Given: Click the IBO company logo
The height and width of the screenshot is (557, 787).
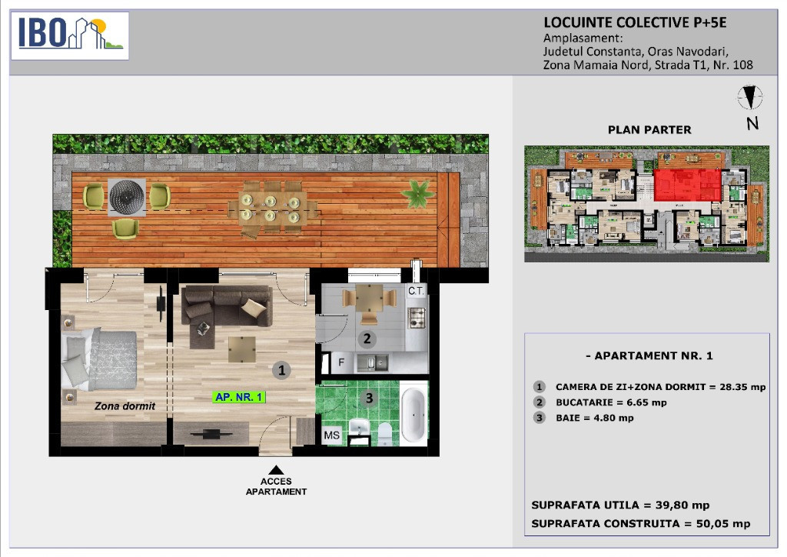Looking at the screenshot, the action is pyautogui.click(x=70, y=35).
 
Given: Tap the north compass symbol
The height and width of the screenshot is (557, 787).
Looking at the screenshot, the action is pyautogui.click(x=750, y=98).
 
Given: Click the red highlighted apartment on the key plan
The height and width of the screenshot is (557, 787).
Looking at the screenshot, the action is pyautogui.click(x=687, y=185).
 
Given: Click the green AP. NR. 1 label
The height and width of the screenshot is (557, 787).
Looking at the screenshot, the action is pyautogui.click(x=239, y=397).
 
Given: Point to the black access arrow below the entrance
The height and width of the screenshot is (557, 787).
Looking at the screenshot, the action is pyautogui.click(x=276, y=470).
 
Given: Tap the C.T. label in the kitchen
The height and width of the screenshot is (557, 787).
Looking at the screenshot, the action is pyautogui.click(x=416, y=291).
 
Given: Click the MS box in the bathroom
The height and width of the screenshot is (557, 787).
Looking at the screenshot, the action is pyautogui.click(x=332, y=435).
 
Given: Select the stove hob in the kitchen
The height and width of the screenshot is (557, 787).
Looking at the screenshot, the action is pyautogui.click(x=417, y=318).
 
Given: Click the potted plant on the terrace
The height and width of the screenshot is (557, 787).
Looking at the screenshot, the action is pyautogui.click(x=417, y=193).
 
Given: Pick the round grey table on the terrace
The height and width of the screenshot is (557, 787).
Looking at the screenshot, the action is pyautogui.click(x=127, y=197).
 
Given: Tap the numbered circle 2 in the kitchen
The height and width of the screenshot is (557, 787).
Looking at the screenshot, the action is pyautogui.click(x=367, y=339).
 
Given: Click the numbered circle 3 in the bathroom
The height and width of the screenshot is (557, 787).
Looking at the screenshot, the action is pyautogui.click(x=370, y=399).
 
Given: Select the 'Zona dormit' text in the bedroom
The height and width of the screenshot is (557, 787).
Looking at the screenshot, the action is pyautogui.click(x=125, y=405).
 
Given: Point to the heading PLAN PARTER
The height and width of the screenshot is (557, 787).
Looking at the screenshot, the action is pyautogui.click(x=649, y=130).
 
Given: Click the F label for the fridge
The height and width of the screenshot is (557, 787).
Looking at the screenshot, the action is pyautogui.click(x=341, y=362).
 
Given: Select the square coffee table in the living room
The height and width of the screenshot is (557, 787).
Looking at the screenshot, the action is pyautogui.click(x=242, y=349).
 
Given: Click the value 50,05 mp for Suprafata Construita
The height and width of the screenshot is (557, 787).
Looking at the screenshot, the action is pyautogui.click(x=723, y=524).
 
